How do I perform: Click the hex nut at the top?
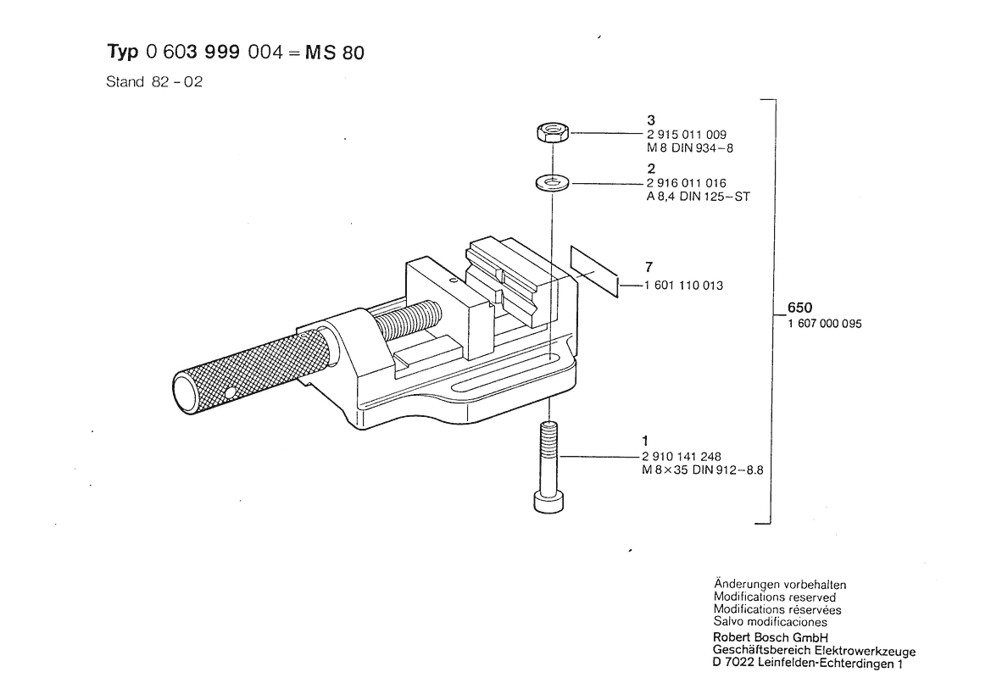(553, 133)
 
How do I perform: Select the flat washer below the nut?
(553, 183)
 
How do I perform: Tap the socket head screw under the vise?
(548, 467)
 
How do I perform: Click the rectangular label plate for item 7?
(594, 272)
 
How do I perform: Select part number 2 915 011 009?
(687, 135)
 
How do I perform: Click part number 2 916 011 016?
(687, 183)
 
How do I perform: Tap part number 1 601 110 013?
(684, 286)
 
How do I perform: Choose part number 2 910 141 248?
(682, 456)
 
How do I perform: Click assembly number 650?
(799, 308)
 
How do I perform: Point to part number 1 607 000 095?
(825, 324)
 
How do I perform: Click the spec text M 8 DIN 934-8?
(689, 147)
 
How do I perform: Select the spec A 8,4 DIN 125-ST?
(699, 197)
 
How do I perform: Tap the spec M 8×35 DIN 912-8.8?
(703, 470)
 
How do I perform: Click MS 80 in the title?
(335, 53)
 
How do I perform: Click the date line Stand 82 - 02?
(154, 82)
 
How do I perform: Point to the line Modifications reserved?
(775, 597)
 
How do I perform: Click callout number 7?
(649, 267)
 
